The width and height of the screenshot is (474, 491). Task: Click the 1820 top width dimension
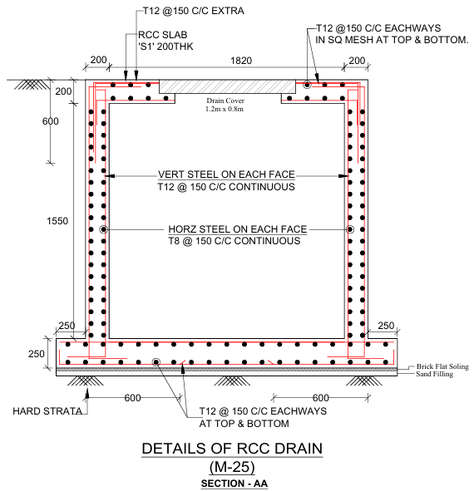coord(241,61)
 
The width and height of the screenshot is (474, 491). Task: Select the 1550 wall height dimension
coord(57,221)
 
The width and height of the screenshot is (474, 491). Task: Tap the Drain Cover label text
coord(225,101)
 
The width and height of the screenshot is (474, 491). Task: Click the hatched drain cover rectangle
coord(227,86)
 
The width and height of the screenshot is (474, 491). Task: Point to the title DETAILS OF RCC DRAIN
coord(232,449)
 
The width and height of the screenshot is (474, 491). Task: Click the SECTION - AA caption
coord(235,484)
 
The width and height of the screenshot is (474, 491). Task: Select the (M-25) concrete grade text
coord(232,467)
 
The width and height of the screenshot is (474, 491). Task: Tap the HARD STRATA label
coord(47,411)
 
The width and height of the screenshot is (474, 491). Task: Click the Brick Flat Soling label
coord(442,366)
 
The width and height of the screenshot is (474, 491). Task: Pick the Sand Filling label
coord(434,374)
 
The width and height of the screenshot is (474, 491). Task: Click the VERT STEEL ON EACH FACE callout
coord(226,174)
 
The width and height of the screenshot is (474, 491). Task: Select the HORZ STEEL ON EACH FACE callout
coord(238,229)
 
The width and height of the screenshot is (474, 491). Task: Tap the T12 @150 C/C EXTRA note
coord(194,11)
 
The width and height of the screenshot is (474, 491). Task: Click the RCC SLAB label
coord(163,34)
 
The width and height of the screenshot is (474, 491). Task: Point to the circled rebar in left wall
coord(103,229)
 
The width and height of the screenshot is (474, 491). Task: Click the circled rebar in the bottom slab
coord(156,362)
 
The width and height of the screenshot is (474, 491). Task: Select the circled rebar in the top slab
coord(307,85)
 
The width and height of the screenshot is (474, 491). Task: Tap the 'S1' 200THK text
coord(165,47)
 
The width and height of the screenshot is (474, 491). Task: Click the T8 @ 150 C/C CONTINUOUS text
coord(235,241)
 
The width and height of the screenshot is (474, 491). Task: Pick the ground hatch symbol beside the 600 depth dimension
coord(32,85)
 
